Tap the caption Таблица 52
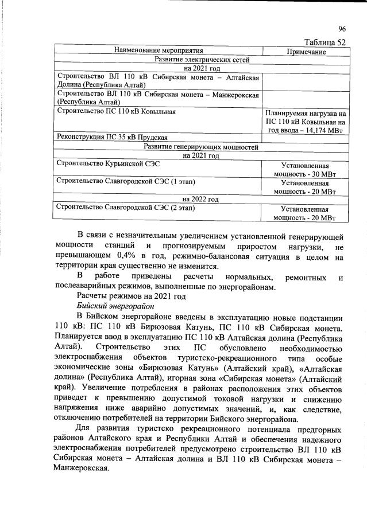point(326,42)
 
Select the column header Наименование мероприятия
point(159,51)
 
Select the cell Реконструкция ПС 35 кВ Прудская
point(112,138)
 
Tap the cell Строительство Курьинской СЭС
point(109,164)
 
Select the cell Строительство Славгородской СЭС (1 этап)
point(126,181)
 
